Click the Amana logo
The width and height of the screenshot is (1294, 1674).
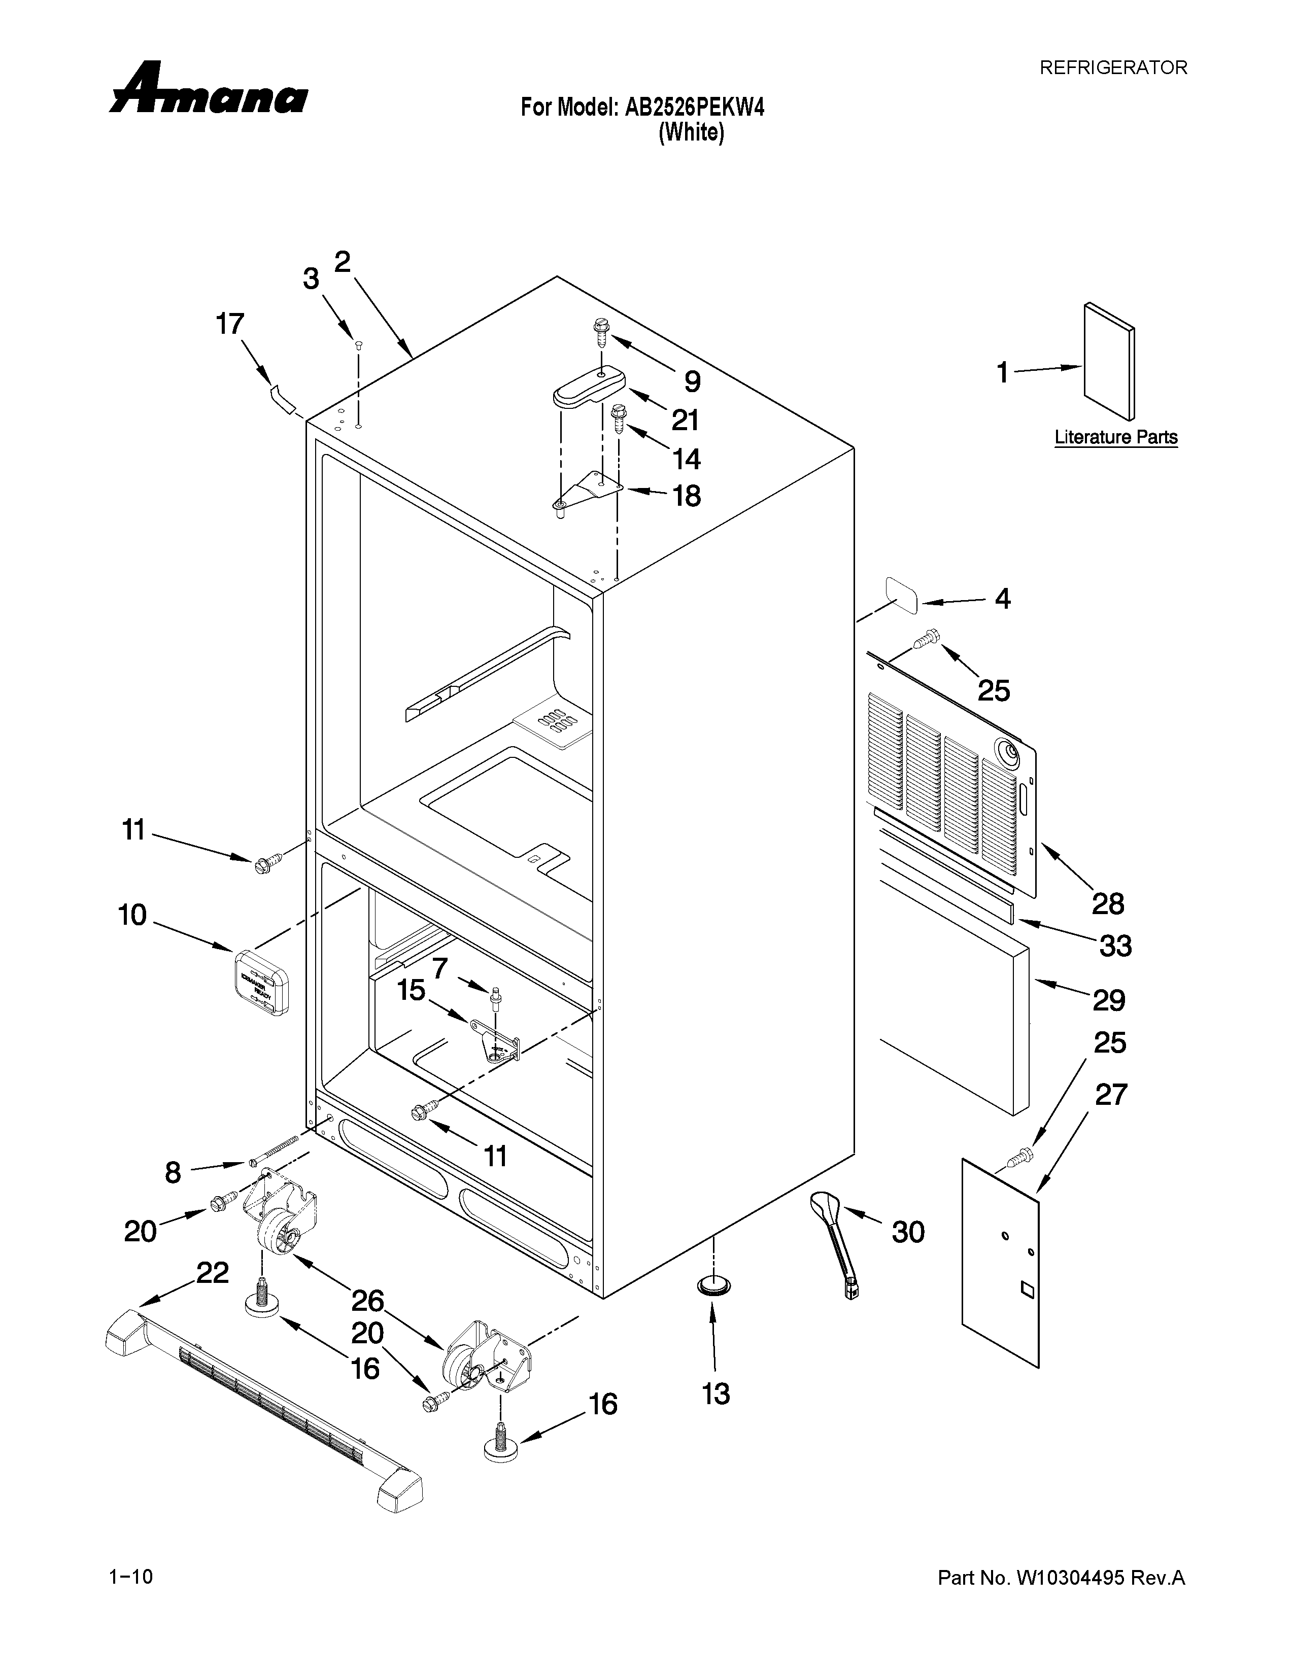[x=209, y=90]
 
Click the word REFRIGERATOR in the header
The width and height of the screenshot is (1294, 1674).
[x=1112, y=68]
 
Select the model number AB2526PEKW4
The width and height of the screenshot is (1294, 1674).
[x=695, y=108]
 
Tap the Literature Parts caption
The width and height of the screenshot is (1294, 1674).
[x=1115, y=438]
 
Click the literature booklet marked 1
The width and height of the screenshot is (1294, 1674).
[x=1108, y=360]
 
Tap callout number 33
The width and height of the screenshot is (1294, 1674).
[x=1115, y=946]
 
